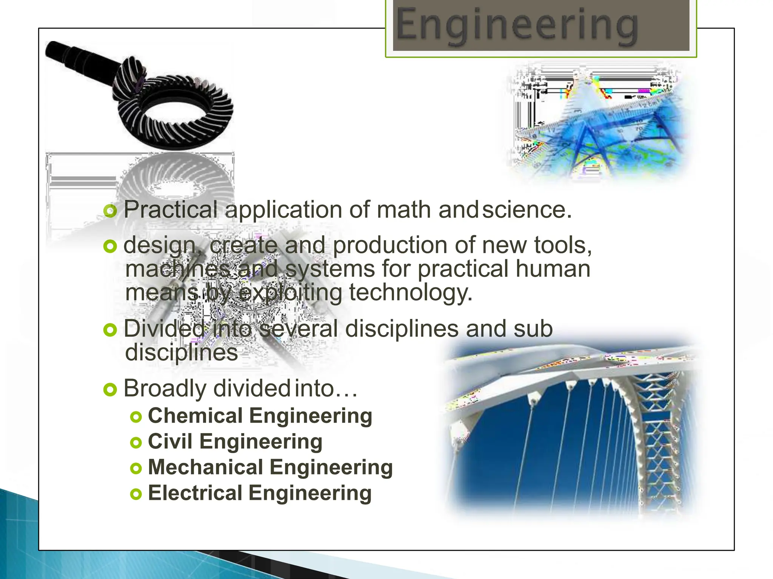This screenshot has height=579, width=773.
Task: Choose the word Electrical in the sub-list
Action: click(195, 493)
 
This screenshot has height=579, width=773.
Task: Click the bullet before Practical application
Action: click(110, 211)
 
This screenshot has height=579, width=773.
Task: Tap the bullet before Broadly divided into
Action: click(110, 389)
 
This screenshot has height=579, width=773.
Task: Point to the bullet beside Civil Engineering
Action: click(136, 443)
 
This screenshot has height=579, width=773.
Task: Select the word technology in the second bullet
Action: click(410, 293)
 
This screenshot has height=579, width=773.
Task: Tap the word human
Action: click(553, 269)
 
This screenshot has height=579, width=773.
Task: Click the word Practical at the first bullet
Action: click(171, 210)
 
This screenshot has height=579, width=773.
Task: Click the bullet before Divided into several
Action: click(110, 330)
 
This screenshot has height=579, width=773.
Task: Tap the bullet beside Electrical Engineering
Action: click(136, 494)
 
